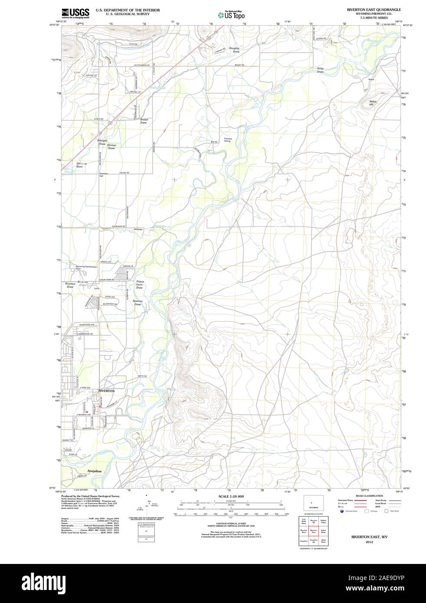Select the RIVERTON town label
[x=107, y=391]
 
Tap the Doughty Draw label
[x=234, y=50]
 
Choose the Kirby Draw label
[x=321, y=70]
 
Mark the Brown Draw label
[x=144, y=121]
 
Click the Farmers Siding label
[x=228, y=140]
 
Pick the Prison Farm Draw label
[x=140, y=284]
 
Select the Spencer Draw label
[x=138, y=303]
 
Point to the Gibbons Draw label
[x=82, y=165]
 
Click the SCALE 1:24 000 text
[x=231, y=496]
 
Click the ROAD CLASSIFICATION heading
[x=369, y=495]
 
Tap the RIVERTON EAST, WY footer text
[x=369, y=537]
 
